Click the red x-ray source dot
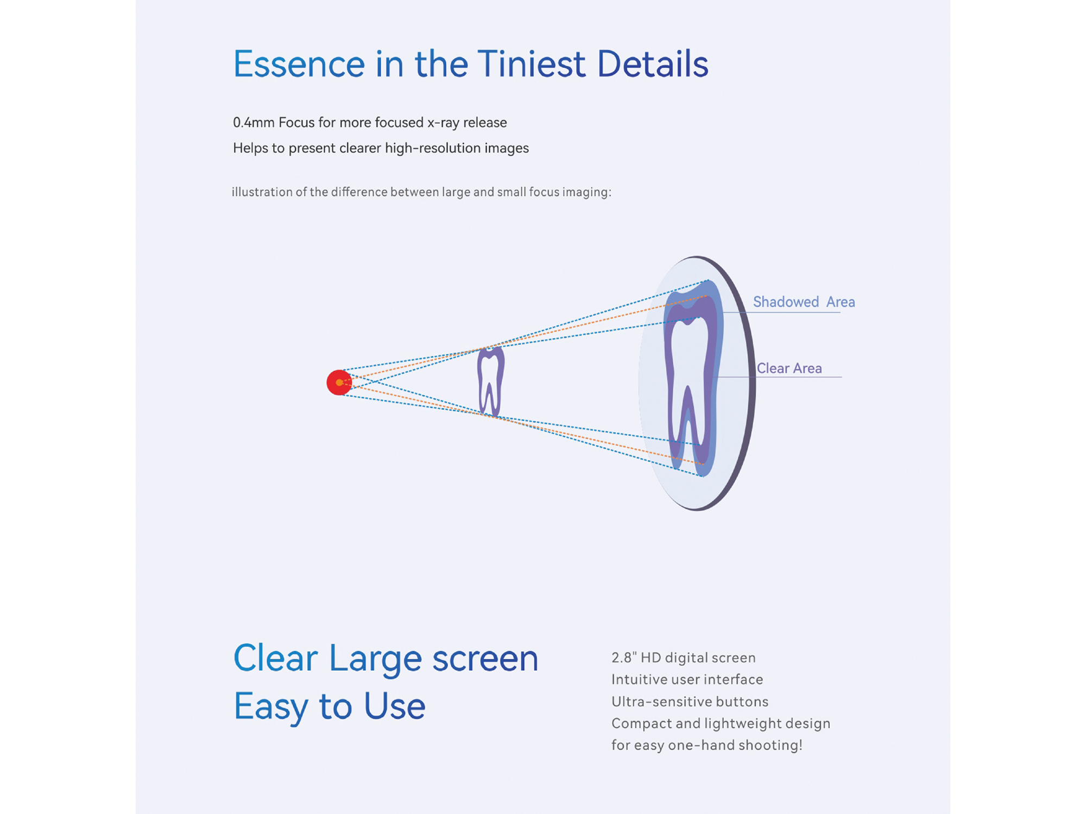coord(339,383)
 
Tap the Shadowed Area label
coord(804,302)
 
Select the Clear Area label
coord(789,368)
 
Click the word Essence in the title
coord(299,64)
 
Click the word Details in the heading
coord(653,64)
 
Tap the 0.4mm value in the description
coord(254,123)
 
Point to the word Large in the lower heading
coord(375,659)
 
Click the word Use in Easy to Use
coord(394,706)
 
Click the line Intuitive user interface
coord(687,679)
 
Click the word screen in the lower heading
coord(485,659)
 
